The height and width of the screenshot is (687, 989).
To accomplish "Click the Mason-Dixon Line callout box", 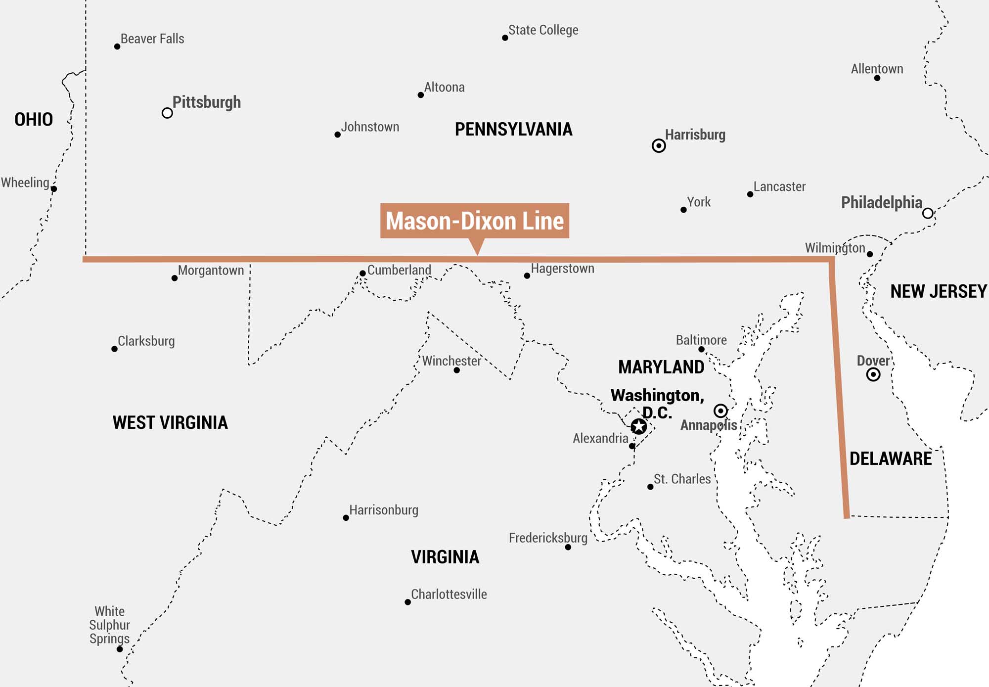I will click(x=474, y=221).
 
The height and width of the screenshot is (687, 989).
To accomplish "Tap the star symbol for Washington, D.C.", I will click(x=638, y=426).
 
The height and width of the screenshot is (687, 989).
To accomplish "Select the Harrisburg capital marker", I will click(x=658, y=145).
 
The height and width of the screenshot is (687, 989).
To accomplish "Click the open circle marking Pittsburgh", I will click(x=167, y=113).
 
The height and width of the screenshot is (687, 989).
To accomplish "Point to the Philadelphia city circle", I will click(x=928, y=213).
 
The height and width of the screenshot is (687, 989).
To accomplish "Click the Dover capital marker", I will click(x=873, y=374).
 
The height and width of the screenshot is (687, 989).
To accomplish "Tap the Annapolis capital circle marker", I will click(x=720, y=411).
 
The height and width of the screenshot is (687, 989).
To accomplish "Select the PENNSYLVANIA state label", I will click(x=513, y=130).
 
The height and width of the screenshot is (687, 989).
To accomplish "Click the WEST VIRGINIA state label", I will click(x=170, y=422).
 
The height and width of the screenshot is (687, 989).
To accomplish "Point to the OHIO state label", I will click(x=33, y=119).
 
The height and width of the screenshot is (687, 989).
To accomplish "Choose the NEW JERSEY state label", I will click(x=938, y=291).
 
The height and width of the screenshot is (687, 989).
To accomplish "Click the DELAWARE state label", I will click(x=890, y=458).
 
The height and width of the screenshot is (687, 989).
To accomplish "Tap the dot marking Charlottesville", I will click(x=407, y=602).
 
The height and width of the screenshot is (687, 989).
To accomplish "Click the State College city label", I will click(x=543, y=30).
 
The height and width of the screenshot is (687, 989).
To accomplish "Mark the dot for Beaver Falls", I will click(x=117, y=46).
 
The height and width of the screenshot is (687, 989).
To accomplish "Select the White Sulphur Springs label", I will click(x=109, y=625).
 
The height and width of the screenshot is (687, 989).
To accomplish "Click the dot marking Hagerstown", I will click(x=527, y=275).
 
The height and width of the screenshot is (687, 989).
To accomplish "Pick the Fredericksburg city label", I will click(x=548, y=538).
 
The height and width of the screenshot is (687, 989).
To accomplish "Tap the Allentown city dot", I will click(x=877, y=78).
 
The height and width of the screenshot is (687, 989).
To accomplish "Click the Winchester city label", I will click(x=451, y=361).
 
